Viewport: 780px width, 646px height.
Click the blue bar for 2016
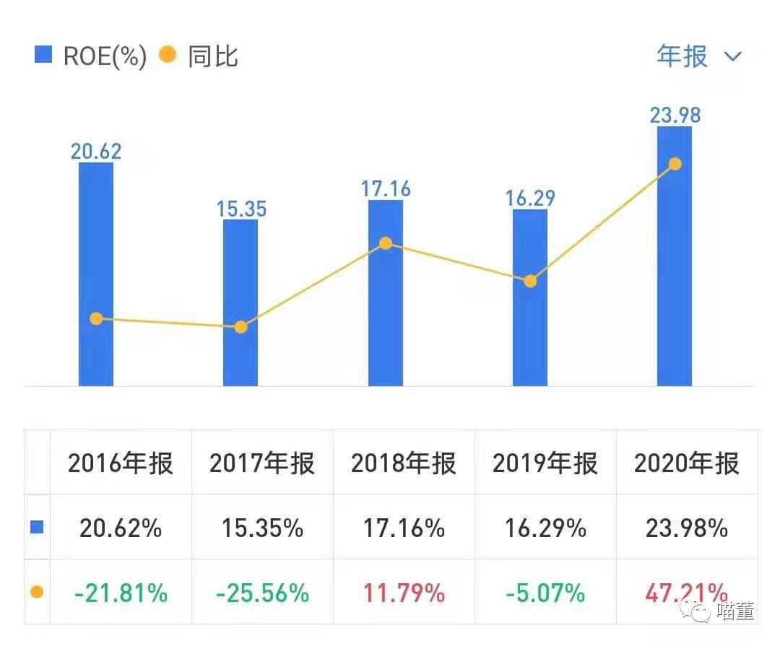pos(96,274)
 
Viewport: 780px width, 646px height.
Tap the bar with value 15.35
pos(240,303)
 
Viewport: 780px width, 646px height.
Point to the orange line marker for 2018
pos(386,243)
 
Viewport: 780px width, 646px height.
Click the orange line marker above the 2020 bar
pos(675,164)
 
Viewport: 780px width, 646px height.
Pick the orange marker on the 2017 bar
pos(240,327)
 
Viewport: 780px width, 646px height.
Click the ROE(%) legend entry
pos(90,56)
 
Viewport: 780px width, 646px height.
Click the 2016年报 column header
pos(121,463)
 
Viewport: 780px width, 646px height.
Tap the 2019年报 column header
pos(545,463)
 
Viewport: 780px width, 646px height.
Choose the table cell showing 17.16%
pos(404,528)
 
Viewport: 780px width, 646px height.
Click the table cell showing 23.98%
pos(687,528)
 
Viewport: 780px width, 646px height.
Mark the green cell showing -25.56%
pos(262,593)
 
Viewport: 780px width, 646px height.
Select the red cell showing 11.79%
pos(404,593)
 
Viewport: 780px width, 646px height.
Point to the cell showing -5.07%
pos(545,593)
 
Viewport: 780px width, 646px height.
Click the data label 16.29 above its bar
pos(530,197)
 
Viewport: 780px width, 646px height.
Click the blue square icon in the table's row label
pos(37,527)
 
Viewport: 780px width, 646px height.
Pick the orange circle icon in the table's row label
pos(37,592)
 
